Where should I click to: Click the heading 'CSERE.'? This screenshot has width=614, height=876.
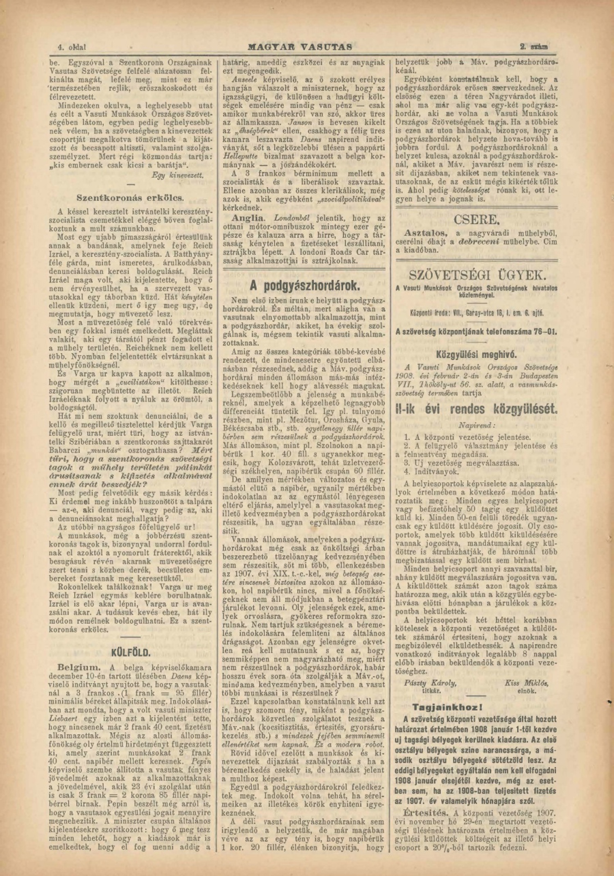coord(476,220)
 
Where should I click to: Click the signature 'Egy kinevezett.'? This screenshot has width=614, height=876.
coord(178,175)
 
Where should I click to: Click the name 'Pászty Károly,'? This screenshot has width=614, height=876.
coord(430,683)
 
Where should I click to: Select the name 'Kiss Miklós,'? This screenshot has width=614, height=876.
coord(527,683)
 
